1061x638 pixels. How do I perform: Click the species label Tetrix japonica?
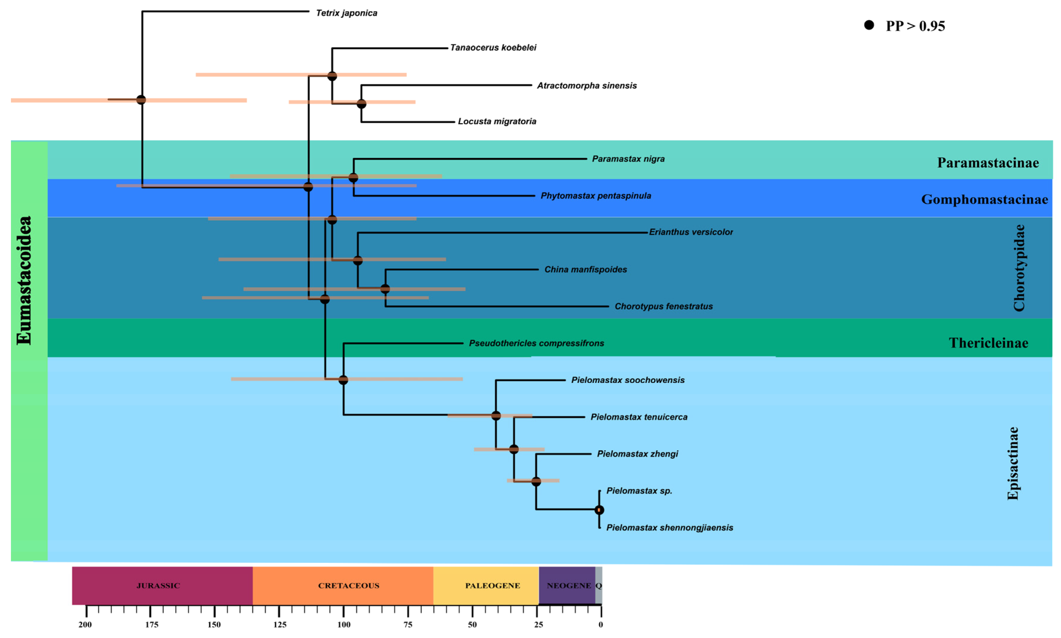click(x=346, y=13)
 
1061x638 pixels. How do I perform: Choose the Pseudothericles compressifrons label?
click(x=536, y=343)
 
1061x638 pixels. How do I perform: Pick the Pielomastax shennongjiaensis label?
click(x=669, y=528)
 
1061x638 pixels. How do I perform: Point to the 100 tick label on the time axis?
click(x=343, y=625)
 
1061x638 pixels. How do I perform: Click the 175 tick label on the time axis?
click(x=151, y=625)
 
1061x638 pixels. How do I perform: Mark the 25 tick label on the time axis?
click(x=538, y=625)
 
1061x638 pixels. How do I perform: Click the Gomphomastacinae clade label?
click(x=984, y=199)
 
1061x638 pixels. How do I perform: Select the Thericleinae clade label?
click(x=988, y=343)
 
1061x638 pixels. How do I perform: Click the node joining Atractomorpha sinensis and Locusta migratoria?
click(x=361, y=104)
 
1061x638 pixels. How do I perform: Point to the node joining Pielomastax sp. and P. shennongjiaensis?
click(x=599, y=510)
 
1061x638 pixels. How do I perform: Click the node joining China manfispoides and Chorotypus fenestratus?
click(x=385, y=289)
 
